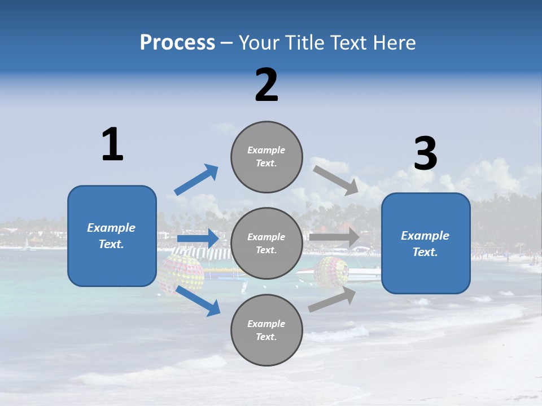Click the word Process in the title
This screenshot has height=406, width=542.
tap(177, 43)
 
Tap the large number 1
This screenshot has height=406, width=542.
tap(112, 144)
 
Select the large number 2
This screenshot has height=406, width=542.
tap(266, 85)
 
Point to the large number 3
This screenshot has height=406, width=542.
tap(425, 154)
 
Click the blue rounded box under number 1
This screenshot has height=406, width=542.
tap(112, 236)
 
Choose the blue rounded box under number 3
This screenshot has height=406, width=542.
tap(426, 243)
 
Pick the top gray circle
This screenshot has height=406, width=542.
tap(266, 157)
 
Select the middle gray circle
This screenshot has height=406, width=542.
tap(266, 243)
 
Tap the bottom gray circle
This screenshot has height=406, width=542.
tap(266, 330)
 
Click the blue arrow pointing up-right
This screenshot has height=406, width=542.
tap(196, 179)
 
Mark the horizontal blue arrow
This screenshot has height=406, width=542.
tap(198, 239)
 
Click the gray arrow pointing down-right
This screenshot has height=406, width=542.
tap(335, 180)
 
